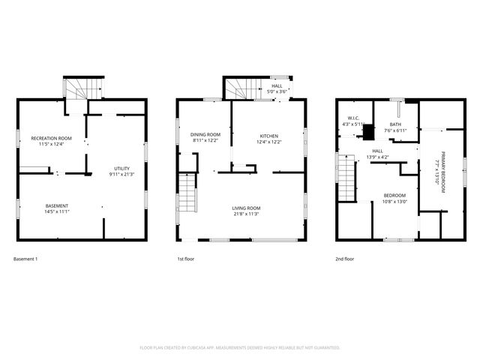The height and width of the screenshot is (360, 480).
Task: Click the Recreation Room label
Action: [51, 138]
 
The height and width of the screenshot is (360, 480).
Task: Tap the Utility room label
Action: [121, 168]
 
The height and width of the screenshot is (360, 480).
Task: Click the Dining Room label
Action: [205, 136]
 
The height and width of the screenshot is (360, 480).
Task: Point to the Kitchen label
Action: [268, 136]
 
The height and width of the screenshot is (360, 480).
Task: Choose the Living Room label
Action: [245, 208]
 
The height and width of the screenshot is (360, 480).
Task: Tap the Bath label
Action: [394, 125]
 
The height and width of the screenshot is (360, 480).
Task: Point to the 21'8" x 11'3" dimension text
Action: [245, 214]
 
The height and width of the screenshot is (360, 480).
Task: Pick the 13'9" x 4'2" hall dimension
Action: [378, 157]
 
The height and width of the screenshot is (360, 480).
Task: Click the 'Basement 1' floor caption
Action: [25, 259]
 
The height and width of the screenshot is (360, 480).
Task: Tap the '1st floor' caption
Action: [186, 259]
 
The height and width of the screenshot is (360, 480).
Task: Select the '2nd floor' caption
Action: [345, 259]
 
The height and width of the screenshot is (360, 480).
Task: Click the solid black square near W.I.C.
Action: [368, 131]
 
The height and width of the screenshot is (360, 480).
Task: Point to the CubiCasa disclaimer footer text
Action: [240, 347]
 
